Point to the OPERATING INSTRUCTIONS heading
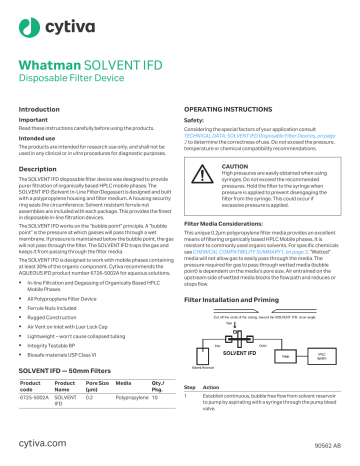234,107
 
